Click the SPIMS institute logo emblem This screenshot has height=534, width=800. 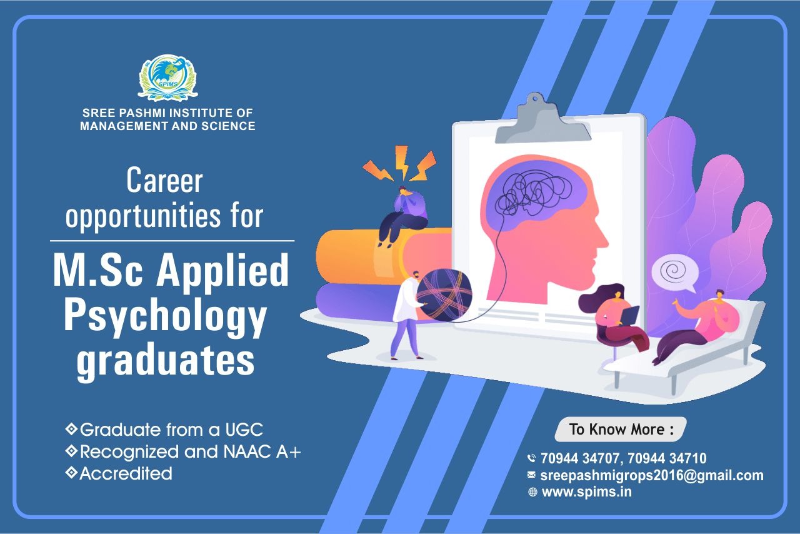click(167, 78)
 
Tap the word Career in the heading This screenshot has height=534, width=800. click(164, 181)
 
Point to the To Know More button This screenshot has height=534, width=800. click(621, 430)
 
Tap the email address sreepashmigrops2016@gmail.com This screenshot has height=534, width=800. click(652, 475)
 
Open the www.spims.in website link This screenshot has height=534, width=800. click(586, 492)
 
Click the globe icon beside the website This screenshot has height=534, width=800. click(532, 493)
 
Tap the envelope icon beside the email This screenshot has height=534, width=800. click(531, 475)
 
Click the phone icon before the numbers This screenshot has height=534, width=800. click(532, 458)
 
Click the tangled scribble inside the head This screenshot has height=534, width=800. click(533, 193)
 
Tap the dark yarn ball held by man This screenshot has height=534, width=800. click(444, 295)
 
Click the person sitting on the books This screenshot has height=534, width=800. click(402, 216)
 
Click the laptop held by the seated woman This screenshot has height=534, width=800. click(630, 315)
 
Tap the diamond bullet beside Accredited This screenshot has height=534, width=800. click(71, 473)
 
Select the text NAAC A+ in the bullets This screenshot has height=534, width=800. click(262, 452)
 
